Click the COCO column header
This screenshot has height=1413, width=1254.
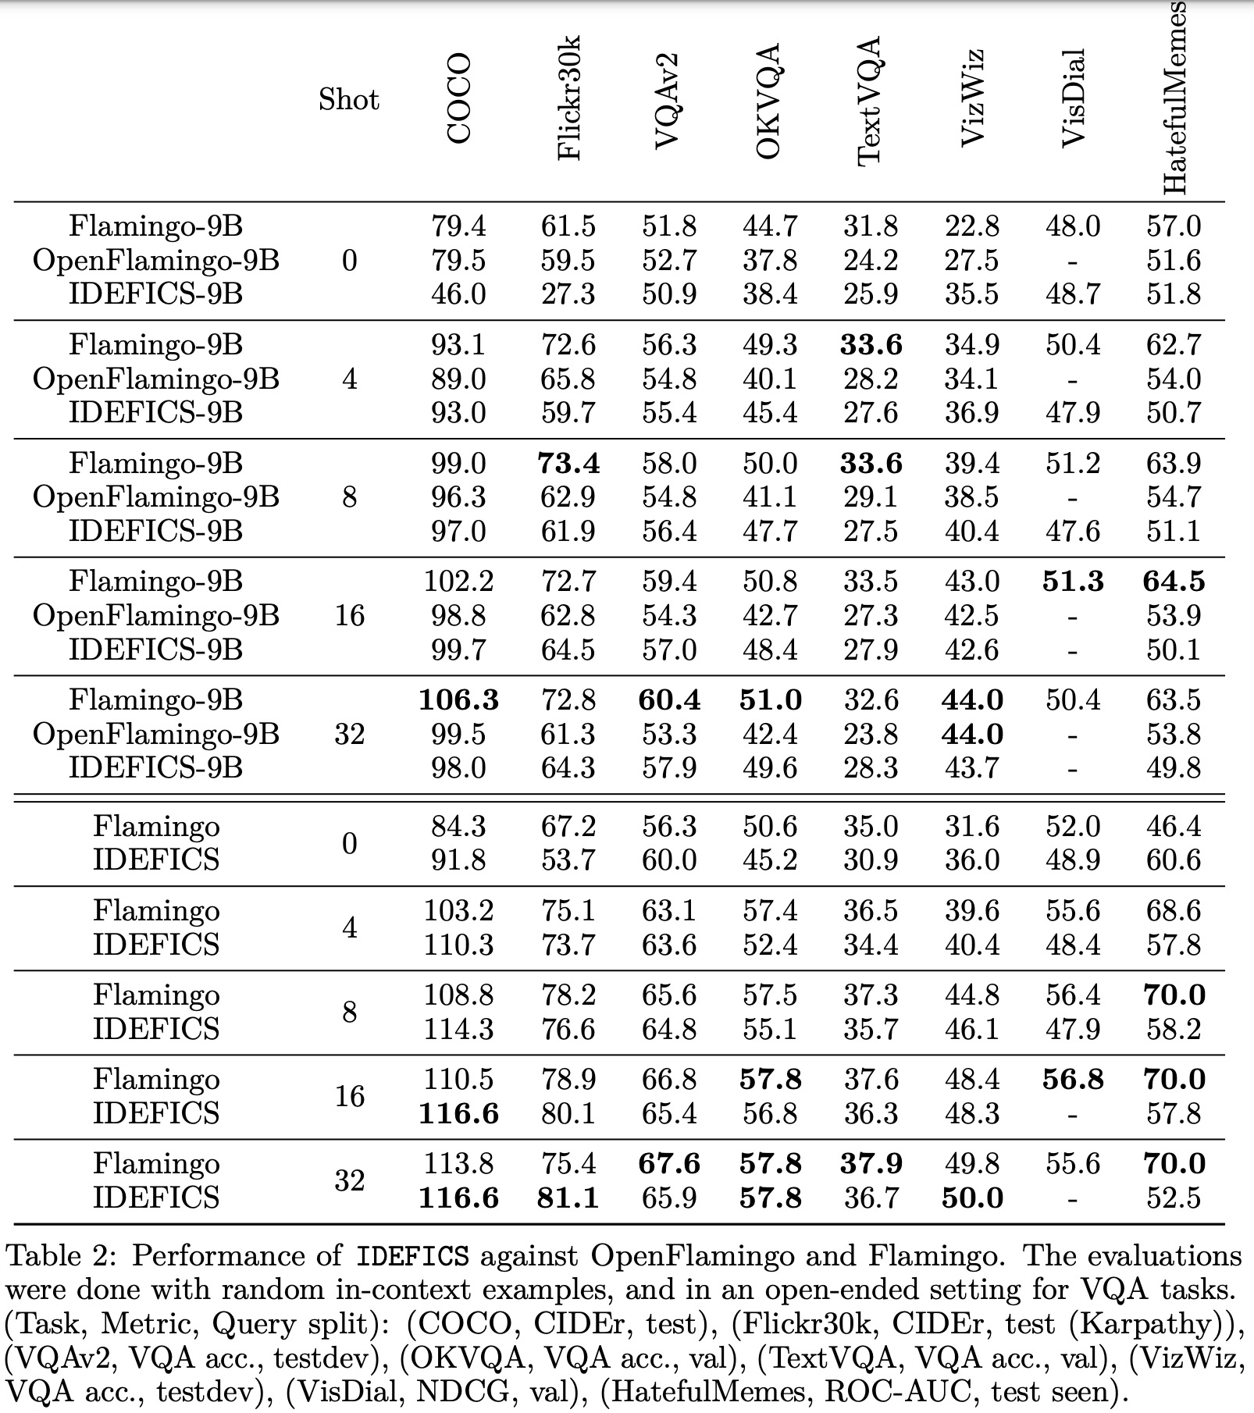pyautogui.click(x=459, y=98)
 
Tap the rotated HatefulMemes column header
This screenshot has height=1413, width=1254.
pyautogui.click(x=1174, y=98)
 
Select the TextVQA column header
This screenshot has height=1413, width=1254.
pyautogui.click(x=870, y=101)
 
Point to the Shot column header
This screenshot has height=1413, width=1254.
pyautogui.click(x=348, y=100)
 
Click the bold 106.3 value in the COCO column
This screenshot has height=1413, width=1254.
pyautogui.click(x=458, y=699)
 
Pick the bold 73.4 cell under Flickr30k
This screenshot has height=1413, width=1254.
pyautogui.click(x=568, y=464)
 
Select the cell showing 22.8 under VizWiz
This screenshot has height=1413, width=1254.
pyautogui.click(x=971, y=226)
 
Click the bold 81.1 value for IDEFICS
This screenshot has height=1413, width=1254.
pyautogui.click(x=568, y=1198)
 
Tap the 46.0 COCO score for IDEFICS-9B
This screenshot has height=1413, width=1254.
pyautogui.click(x=458, y=294)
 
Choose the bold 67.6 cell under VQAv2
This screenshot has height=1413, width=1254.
pyautogui.click(x=669, y=1163)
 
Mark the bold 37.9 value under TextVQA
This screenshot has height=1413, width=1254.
pyautogui.click(x=871, y=1163)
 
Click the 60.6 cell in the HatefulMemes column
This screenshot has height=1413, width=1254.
pyautogui.click(x=1174, y=860)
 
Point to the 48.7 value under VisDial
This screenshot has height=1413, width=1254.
pyautogui.click(x=1073, y=294)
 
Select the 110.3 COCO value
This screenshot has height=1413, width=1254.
pyautogui.click(x=458, y=945)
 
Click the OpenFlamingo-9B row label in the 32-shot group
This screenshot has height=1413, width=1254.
pyautogui.click(x=155, y=734)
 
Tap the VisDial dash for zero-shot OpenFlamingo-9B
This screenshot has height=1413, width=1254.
pyautogui.click(x=1073, y=261)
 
